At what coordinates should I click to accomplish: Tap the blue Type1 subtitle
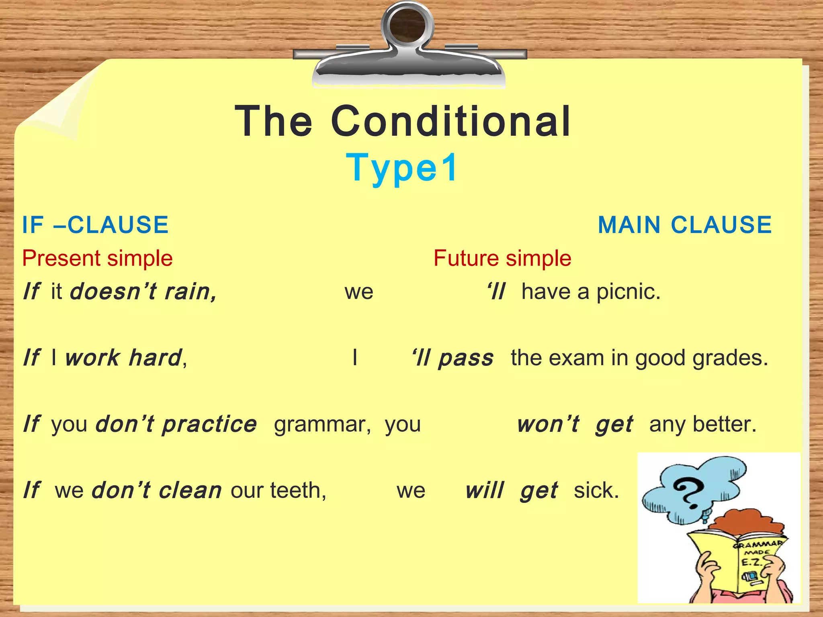(x=402, y=168)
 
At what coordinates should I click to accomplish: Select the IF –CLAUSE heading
(x=95, y=225)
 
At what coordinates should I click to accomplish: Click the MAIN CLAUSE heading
(x=685, y=225)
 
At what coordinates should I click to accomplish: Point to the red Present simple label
(x=97, y=258)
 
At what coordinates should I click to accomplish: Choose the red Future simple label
(x=502, y=258)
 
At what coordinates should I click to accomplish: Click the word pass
(x=466, y=358)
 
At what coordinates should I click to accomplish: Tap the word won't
(x=548, y=424)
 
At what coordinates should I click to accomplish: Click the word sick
(x=596, y=490)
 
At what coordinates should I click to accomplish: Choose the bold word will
(x=485, y=490)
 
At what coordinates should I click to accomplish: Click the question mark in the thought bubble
(x=689, y=493)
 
